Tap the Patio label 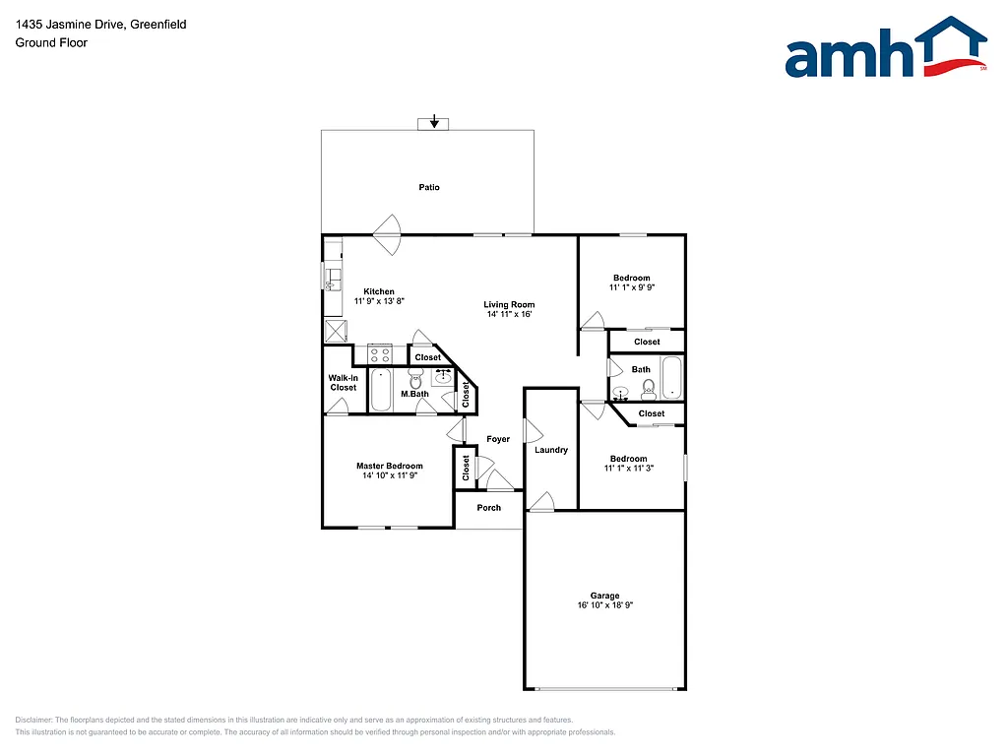pos(429,187)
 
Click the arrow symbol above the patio pos(434,123)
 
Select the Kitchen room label pos(379,291)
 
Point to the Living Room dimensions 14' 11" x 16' pos(509,315)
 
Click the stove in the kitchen pos(380,353)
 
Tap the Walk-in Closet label pos(343,382)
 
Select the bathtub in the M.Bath pos(381,390)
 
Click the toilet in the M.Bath pos(414,378)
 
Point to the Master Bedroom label pos(389,466)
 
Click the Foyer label pos(499,439)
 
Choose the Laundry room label pos(551,450)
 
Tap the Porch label pos(489,508)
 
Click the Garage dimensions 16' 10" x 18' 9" pos(604,606)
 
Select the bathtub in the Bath pos(672,378)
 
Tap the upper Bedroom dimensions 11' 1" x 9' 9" pos(631,288)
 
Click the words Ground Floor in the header pos(50,43)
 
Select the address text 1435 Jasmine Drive pos(66,24)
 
